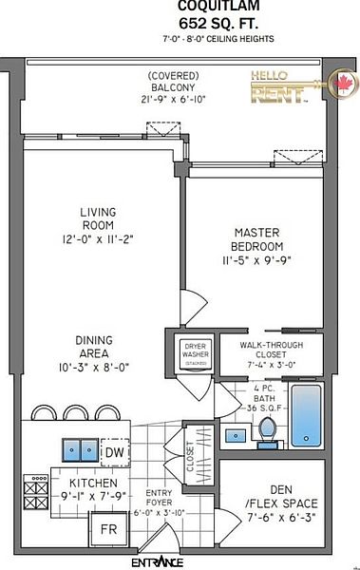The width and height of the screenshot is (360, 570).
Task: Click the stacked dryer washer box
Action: (x=195, y=352)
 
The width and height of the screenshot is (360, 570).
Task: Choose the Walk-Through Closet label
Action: (x=268, y=354)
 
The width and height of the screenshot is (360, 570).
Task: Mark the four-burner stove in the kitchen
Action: (x=35, y=493)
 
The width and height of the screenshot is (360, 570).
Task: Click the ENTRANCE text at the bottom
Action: (x=157, y=561)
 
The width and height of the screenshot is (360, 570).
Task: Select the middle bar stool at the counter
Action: (x=74, y=414)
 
